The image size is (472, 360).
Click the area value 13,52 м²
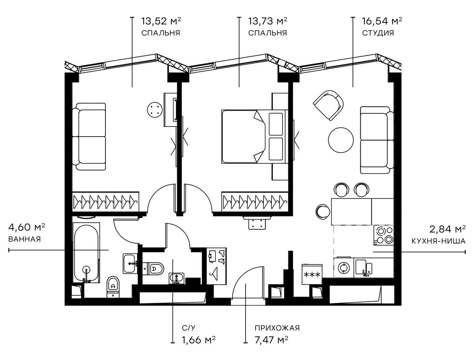pyautogui.click(x=161, y=21)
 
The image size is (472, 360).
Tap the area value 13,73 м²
pyautogui.click(x=268, y=21)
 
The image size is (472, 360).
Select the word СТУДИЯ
pyautogui.click(x=378, y=33)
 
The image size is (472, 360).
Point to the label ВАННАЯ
pyautogui.click(x=24, y=239)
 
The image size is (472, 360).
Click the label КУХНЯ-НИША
pyautogui.click(x=439, y=241)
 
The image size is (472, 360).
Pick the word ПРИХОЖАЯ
pyautogui.click(x=277, y=328)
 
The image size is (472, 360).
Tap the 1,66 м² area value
pyautogui.click(x=199, y=339)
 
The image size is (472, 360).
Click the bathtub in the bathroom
pyautogui.click(x=86, y=252)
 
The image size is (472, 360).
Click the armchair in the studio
pyautogui.click(x=328, y=105)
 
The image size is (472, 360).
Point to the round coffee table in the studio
pyautogui.click(x=341, y=141)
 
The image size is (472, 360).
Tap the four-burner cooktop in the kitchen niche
pyautogui.click(x=384, y=235)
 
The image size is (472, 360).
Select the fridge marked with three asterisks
pyautogui.click(x=312, y=274)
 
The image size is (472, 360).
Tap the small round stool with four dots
pyautogui.click(x=155, y=108)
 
